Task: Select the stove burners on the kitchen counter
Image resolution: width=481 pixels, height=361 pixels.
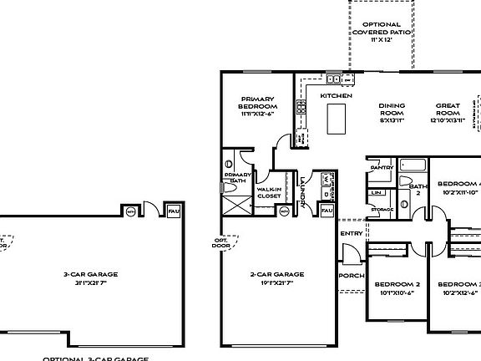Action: coord(300,107)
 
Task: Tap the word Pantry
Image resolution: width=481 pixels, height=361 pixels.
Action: coord(382,167)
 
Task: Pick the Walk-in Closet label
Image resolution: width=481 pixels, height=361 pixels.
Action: coord(269,193)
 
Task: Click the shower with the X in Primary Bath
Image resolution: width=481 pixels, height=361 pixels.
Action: coord(238,203)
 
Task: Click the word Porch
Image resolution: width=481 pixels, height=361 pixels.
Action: coord(350,276)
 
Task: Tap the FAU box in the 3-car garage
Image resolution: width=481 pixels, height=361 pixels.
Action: coord(175,211)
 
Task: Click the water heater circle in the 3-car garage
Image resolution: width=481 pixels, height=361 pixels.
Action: coord(129,211)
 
